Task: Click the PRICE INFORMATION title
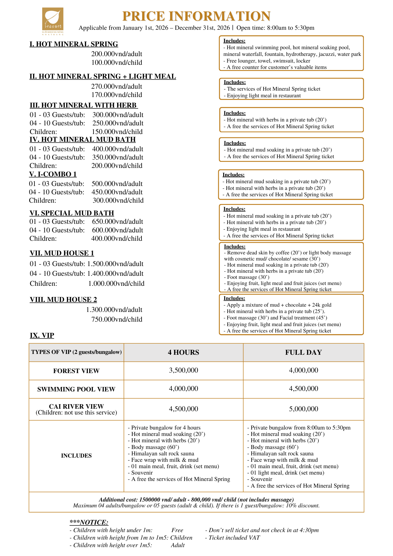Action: (196, 16)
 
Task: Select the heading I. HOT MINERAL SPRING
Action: (74, 44)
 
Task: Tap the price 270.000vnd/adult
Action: (117, 86)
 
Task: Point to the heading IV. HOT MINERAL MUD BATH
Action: (83, 140)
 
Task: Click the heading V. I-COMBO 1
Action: (53, 174)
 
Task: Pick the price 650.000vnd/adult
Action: (118, 222)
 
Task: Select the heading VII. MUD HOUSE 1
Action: (62, 253)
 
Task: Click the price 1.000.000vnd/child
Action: (116, 284)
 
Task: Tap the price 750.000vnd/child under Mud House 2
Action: (117, 319)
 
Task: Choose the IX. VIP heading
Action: (42, 336)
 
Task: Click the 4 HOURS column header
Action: (183, 353)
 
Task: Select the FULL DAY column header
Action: (304, 353)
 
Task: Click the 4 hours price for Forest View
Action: (183, 370)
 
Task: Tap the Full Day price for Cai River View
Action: (304, 409)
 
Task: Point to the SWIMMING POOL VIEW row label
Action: (76, 389)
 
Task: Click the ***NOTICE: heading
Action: (89, 522)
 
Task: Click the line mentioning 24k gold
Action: (279, 305)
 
